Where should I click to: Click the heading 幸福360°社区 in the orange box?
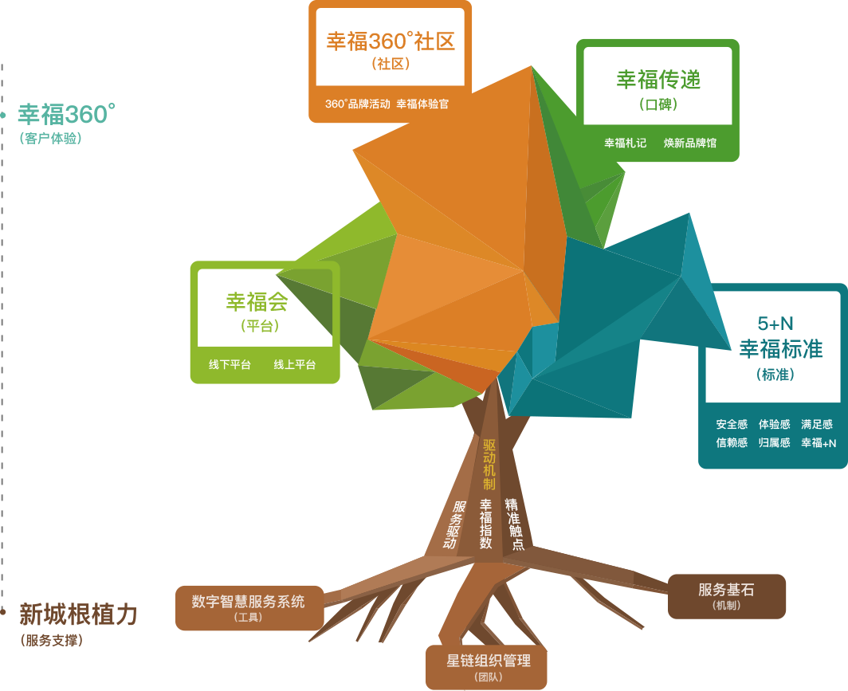pos(390,41)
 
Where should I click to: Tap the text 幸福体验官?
pos(422,104)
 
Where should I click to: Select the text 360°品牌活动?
pos(357,104)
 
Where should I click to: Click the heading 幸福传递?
pos(658,79)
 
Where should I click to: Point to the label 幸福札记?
pos(625,143)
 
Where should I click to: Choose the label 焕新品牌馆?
pos(689,143)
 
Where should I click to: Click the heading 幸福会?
pos(257,302)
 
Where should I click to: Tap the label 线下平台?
pos(230,365)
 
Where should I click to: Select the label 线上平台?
pos(295,365)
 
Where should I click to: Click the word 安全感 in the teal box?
pos(732,425)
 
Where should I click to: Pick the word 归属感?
pos(774,443)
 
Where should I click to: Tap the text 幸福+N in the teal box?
pos(819,443)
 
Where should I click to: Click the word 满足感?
pos(817,425)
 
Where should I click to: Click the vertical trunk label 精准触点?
pos(515,524)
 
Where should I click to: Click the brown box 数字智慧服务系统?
pos(249,607)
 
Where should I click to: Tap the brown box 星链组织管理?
pos(488,666)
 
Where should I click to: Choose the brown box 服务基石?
pos(726,595)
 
